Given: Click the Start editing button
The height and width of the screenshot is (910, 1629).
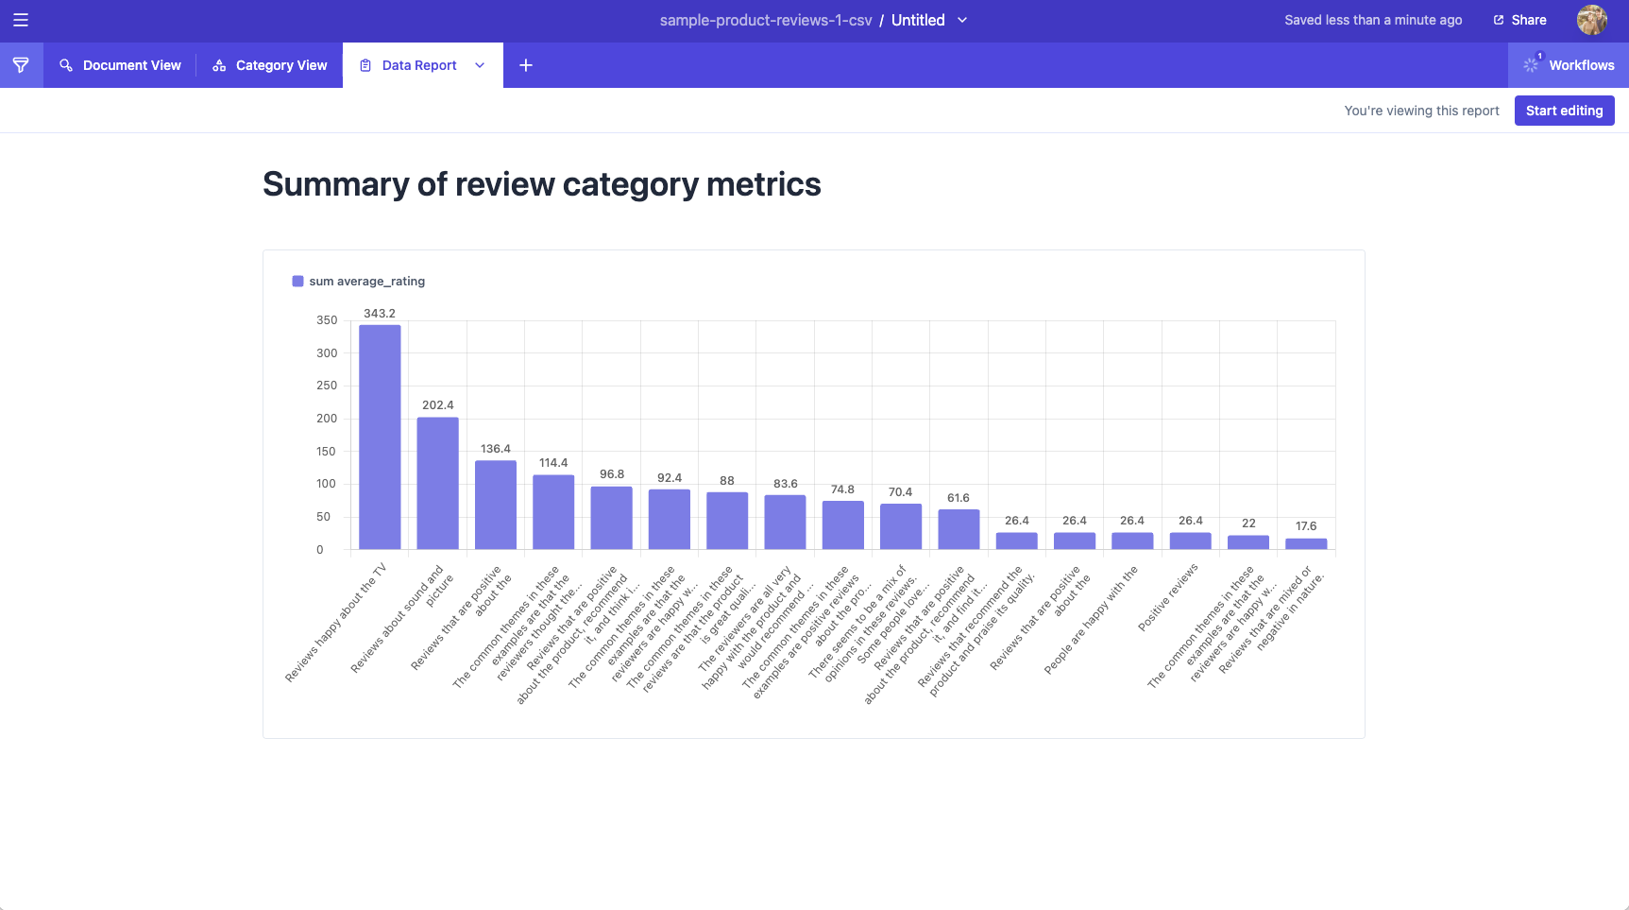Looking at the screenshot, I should [x=1564, y=111].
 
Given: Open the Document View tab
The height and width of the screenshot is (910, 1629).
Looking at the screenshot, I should [x=120, y=65].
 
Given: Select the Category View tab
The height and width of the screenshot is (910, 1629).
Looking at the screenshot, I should [x=270, y=65].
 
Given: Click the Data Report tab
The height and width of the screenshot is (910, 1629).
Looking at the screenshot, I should [x=418, y=65].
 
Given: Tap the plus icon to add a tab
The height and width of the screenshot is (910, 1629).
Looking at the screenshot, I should [x=526, y=65].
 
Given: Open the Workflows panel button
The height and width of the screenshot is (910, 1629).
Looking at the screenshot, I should [x=1569, y=65].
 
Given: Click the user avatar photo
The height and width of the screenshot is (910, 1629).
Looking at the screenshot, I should [x=1591, y=20].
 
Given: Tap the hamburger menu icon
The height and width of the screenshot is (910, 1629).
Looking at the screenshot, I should [x=21, y=20].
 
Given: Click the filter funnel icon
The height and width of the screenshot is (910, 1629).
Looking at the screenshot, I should [x=21, y=65].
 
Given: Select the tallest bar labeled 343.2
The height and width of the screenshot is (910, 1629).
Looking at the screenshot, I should [x=380, y=437].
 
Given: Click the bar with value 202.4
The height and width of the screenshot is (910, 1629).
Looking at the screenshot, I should [x=438, y=483].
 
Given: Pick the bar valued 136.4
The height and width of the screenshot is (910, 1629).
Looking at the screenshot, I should [x=496, y=505].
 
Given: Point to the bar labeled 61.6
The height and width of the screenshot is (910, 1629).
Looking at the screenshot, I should [x=959, y=529].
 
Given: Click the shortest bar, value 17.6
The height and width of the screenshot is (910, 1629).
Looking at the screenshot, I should [x=1306, y=543].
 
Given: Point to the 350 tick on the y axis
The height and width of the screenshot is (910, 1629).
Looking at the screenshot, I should [x=327, y=320].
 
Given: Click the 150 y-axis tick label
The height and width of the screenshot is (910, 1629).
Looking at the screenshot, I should [x=327, y=452].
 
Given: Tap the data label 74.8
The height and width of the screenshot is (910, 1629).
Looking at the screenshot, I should [x=842, y=489].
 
